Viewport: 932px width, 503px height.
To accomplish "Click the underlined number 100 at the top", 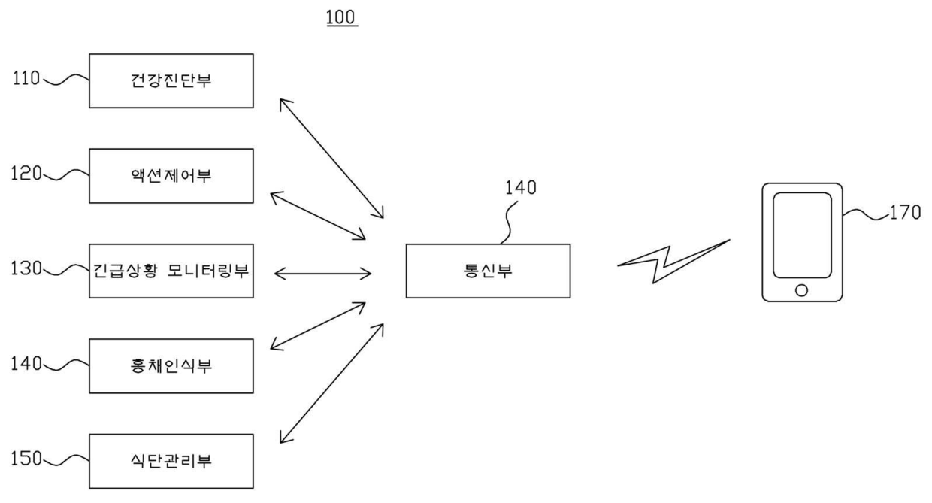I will pos(342,17).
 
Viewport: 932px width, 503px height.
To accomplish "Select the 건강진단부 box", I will pos(171,80).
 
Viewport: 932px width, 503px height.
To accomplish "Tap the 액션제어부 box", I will pos(171,176).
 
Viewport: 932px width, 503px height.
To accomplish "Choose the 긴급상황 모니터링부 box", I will pos(171,271).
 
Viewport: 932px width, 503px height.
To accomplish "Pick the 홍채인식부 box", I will pos(171,366).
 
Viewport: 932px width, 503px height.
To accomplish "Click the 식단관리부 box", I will pos(171,461).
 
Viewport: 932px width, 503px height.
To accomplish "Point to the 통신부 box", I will pos(488,271).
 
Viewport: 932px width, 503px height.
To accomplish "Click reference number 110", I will pos(26,77).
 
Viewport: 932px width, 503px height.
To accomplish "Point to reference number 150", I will pos(26,458).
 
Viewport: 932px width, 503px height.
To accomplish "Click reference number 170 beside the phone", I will pos(903,214).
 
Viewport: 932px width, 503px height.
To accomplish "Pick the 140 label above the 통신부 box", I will pos(521,189).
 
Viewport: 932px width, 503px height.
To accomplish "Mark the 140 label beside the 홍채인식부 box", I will pos(26,365).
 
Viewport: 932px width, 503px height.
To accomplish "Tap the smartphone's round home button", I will pos(801,289).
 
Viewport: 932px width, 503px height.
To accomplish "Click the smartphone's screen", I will pos(802,234).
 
